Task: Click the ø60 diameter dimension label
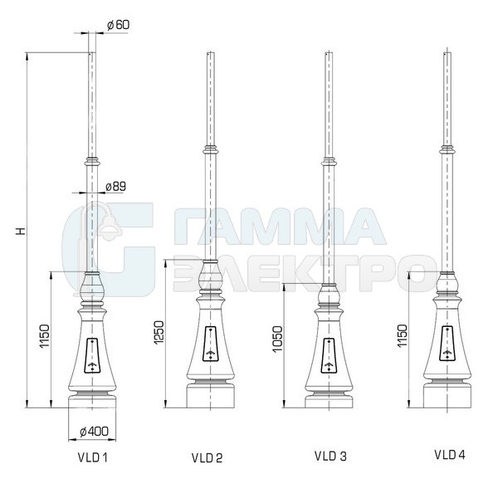[x=118, y=25]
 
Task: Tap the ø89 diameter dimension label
[x=115, y=186]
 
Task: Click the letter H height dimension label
[x=21, y=231]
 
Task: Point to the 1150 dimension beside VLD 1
[x=45, y=336]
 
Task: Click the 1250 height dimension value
[x=159, y=333]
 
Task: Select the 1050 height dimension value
[x=277, y=339]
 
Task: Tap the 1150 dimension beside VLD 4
[x=402, y=336]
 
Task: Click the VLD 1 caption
[x=92, y=457]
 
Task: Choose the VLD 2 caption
[x=207, y=457]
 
